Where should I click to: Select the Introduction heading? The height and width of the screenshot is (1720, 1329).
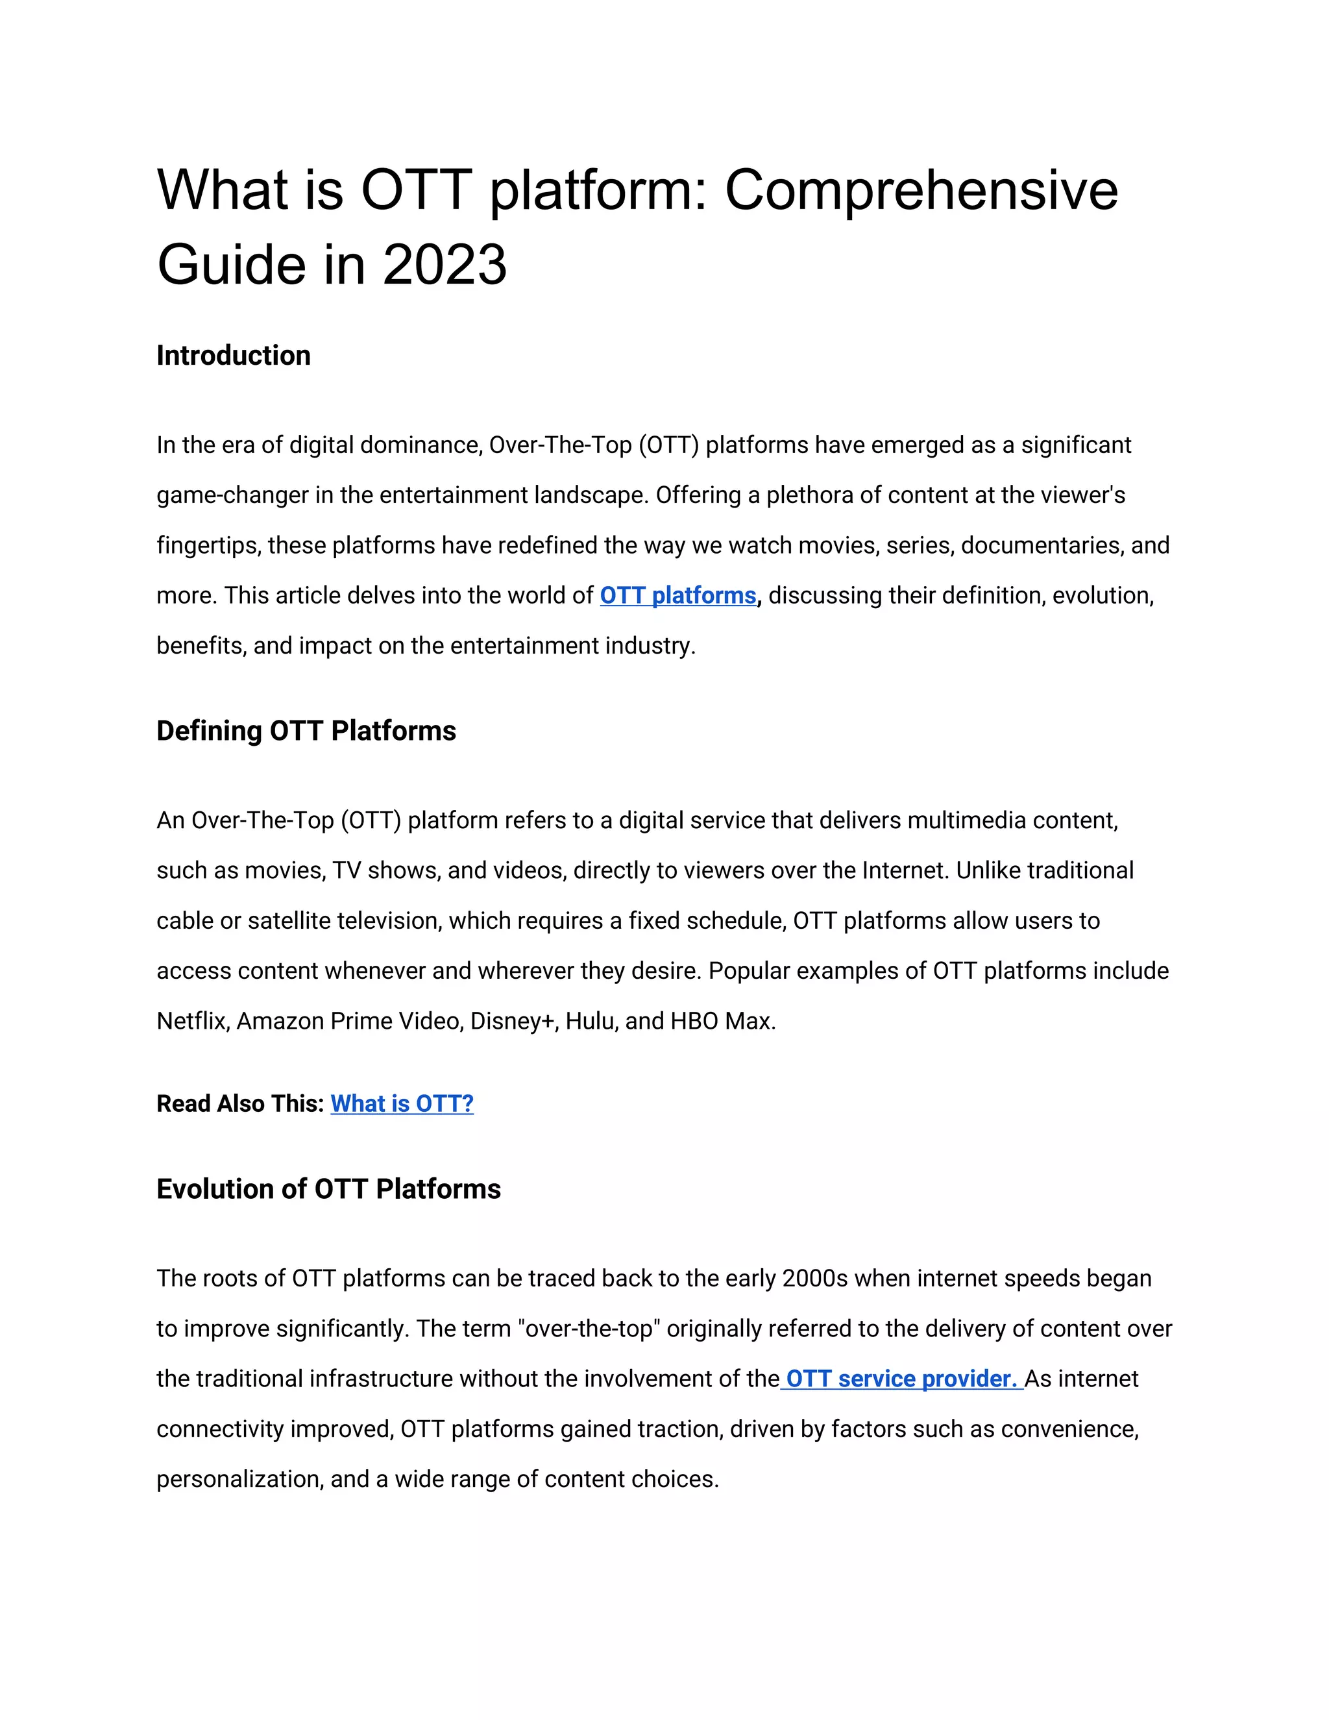[233, 355]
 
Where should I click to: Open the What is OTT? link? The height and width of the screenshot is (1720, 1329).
[402, 1103]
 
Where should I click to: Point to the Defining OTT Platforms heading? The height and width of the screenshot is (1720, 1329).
[306, 731]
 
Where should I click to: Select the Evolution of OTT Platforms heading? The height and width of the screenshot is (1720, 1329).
[328, 1188]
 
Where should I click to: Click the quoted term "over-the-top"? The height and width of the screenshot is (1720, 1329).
[591, 1329]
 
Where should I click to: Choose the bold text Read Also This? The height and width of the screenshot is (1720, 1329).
[240, 1103]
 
